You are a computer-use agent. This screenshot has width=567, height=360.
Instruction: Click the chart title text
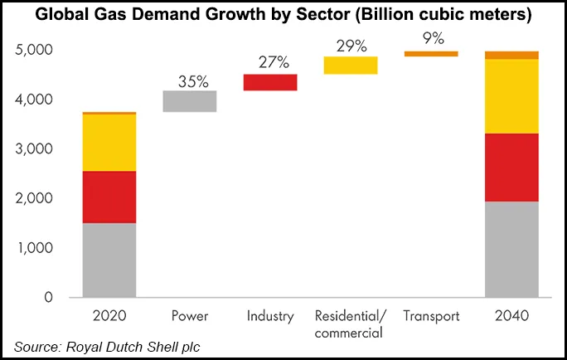283,17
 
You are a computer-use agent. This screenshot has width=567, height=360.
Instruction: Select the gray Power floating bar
190,100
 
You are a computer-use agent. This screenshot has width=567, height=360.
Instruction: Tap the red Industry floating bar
270,81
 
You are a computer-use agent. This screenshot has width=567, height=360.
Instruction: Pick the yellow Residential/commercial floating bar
350,65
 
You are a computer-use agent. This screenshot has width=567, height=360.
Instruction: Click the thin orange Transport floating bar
430,53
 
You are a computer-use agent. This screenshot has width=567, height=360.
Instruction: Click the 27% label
270,63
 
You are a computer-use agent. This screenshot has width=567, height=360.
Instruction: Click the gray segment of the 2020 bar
109,260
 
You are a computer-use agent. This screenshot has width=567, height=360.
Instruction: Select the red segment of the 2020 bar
109,197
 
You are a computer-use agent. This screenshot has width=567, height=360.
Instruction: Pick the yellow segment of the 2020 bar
109,143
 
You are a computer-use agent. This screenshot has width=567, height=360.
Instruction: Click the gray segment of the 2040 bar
511,249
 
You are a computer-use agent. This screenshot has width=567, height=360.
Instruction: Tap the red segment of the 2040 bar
511,167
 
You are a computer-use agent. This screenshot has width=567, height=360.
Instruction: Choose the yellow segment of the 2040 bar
511,96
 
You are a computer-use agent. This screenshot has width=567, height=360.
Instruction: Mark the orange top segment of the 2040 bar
511,55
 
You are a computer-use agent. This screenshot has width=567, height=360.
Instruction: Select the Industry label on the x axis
270,316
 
